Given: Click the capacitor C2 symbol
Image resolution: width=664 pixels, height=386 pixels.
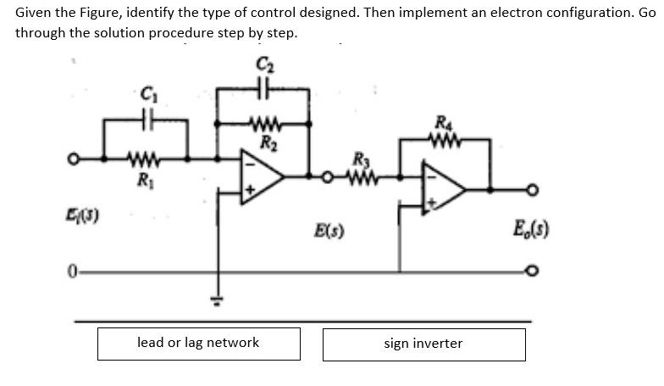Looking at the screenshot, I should [x=263, y=87].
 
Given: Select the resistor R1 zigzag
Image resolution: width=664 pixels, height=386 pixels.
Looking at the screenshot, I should [x=139, y=157].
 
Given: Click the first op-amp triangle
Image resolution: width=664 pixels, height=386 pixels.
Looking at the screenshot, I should [x=260, y=176].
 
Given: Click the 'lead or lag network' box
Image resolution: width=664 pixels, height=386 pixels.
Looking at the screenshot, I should [x=198, y=343].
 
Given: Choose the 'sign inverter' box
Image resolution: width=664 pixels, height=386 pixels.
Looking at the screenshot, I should [x=423, y=344].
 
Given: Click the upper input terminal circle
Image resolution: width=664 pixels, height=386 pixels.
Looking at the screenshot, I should [x=75, y=159].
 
